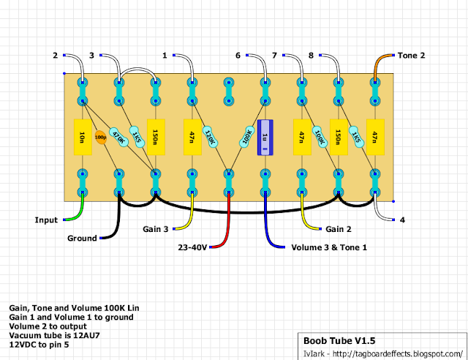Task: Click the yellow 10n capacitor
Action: tap(82, 137)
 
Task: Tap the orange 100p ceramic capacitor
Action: tap(100, 137)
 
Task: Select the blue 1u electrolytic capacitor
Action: tap(265, 137)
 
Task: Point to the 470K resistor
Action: tap(116, 137)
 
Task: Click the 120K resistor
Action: tap(209, 137)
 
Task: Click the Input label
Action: tap(45, 220)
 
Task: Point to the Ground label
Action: tap(82, 239)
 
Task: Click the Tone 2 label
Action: tap(412, 56)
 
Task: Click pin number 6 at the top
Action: tap(238, 56)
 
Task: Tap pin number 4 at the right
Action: tap(401, 220)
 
